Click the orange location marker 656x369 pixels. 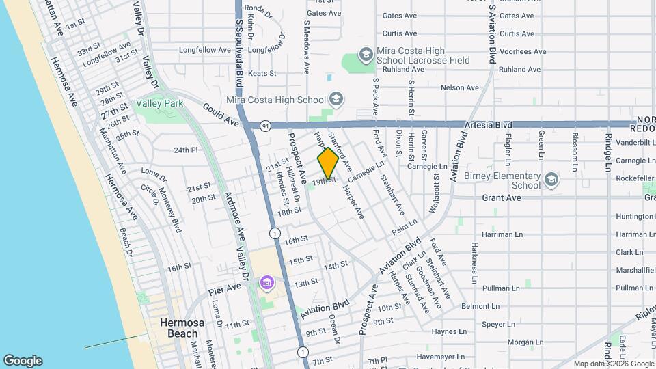point(328,163)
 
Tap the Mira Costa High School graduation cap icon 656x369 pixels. point(336,100)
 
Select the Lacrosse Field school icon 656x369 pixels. point(366,54)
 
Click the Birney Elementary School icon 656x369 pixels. point(551,180)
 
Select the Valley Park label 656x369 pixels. point(160,103)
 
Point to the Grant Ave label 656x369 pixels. point(502,197)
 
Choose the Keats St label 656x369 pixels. point(262,73)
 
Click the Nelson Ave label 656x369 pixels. point(460,87)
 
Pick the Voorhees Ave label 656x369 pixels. point(522,51)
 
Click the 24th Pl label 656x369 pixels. point(185,150)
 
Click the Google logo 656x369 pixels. point(23,361)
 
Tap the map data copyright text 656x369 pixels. point(612,364)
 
